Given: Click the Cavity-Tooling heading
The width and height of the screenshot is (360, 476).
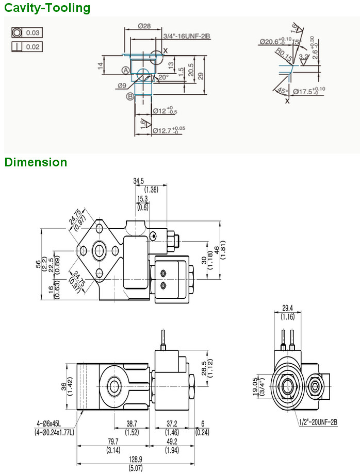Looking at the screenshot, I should click(47, 8).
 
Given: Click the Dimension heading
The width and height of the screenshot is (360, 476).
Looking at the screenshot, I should click(36, 162).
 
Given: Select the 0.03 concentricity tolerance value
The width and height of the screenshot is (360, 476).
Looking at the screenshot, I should click(33, 32).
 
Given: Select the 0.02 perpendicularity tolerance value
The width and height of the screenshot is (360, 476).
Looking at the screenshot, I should click(33, 47).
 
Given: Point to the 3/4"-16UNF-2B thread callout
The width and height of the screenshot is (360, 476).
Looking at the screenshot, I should click(186, 36).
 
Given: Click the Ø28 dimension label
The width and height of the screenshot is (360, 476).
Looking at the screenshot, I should click(144, 26).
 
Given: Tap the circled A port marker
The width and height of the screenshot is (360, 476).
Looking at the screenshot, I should click(125, 70).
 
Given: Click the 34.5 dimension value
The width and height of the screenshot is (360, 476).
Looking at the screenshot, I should click(139, 181).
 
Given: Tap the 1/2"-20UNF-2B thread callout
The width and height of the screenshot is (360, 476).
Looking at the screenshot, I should click(318, 422).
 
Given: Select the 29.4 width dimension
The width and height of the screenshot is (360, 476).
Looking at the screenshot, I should click(287, 309).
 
